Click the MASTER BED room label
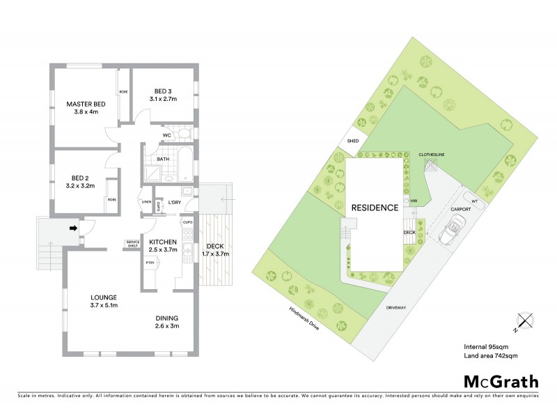81,104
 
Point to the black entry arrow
72,226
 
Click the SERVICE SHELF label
132,243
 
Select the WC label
167,134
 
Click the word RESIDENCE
375,208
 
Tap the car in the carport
455,228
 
